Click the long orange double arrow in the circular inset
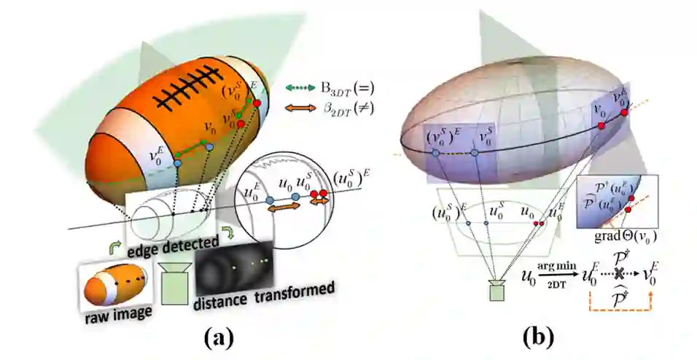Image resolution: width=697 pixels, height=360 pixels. pyautogui.click(x=285, y=208)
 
